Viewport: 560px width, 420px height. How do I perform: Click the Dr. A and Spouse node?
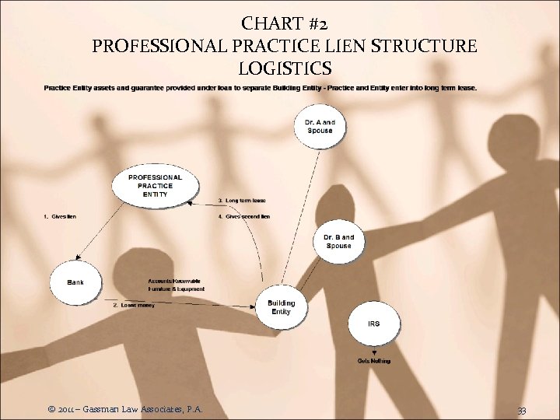point(320,127)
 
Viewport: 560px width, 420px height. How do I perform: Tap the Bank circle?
point(75,282)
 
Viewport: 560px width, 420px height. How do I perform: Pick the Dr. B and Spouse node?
point(338,241)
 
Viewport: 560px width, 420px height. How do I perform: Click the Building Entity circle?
point(281,307)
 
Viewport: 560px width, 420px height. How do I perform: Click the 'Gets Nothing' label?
point(374,361)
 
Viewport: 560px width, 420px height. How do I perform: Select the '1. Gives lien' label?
point(60,215)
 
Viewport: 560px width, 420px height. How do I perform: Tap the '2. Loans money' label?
point(134,305)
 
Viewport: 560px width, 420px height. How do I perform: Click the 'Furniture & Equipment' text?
point(177,289)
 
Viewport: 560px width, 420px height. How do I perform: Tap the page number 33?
point(520,408)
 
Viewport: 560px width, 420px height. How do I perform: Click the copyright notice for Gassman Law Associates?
point(125,408)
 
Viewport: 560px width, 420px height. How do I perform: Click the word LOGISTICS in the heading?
point(284,69)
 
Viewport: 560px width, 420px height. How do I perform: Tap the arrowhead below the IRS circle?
point(374,352)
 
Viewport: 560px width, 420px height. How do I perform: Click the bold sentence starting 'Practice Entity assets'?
point(260,88)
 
